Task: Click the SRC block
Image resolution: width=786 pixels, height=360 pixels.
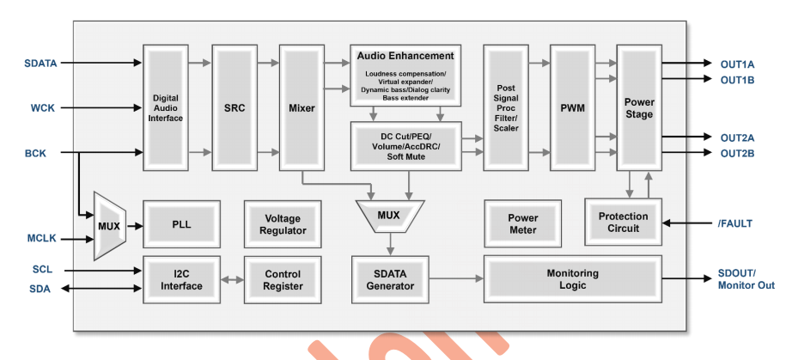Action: (x=234, y=108)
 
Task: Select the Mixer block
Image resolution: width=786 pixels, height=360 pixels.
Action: (x=302, y=108)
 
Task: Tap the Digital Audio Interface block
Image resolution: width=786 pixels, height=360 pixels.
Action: (x=166, y=108)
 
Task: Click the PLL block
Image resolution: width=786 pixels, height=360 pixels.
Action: (x=181, y=224)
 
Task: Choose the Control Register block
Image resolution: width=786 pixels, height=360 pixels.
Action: (x=283, y=280)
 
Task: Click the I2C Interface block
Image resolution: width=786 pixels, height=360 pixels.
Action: (x=181, y=280)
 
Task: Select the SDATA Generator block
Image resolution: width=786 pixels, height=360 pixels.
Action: (x=390, y=280)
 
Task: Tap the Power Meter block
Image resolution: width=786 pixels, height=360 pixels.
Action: (x=522, y=224)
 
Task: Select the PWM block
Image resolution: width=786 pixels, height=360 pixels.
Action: (x=572, y=108)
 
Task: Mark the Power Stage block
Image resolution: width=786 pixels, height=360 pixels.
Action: (x=639, y=108)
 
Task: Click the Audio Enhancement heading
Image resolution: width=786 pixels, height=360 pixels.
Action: (x=405, y=56)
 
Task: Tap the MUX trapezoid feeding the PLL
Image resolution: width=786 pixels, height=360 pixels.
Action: (x=109, y=225)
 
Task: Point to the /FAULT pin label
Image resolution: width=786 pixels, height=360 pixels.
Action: (x=735, y=223)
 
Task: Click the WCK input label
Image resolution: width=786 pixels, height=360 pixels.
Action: (x=40, y=108)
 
